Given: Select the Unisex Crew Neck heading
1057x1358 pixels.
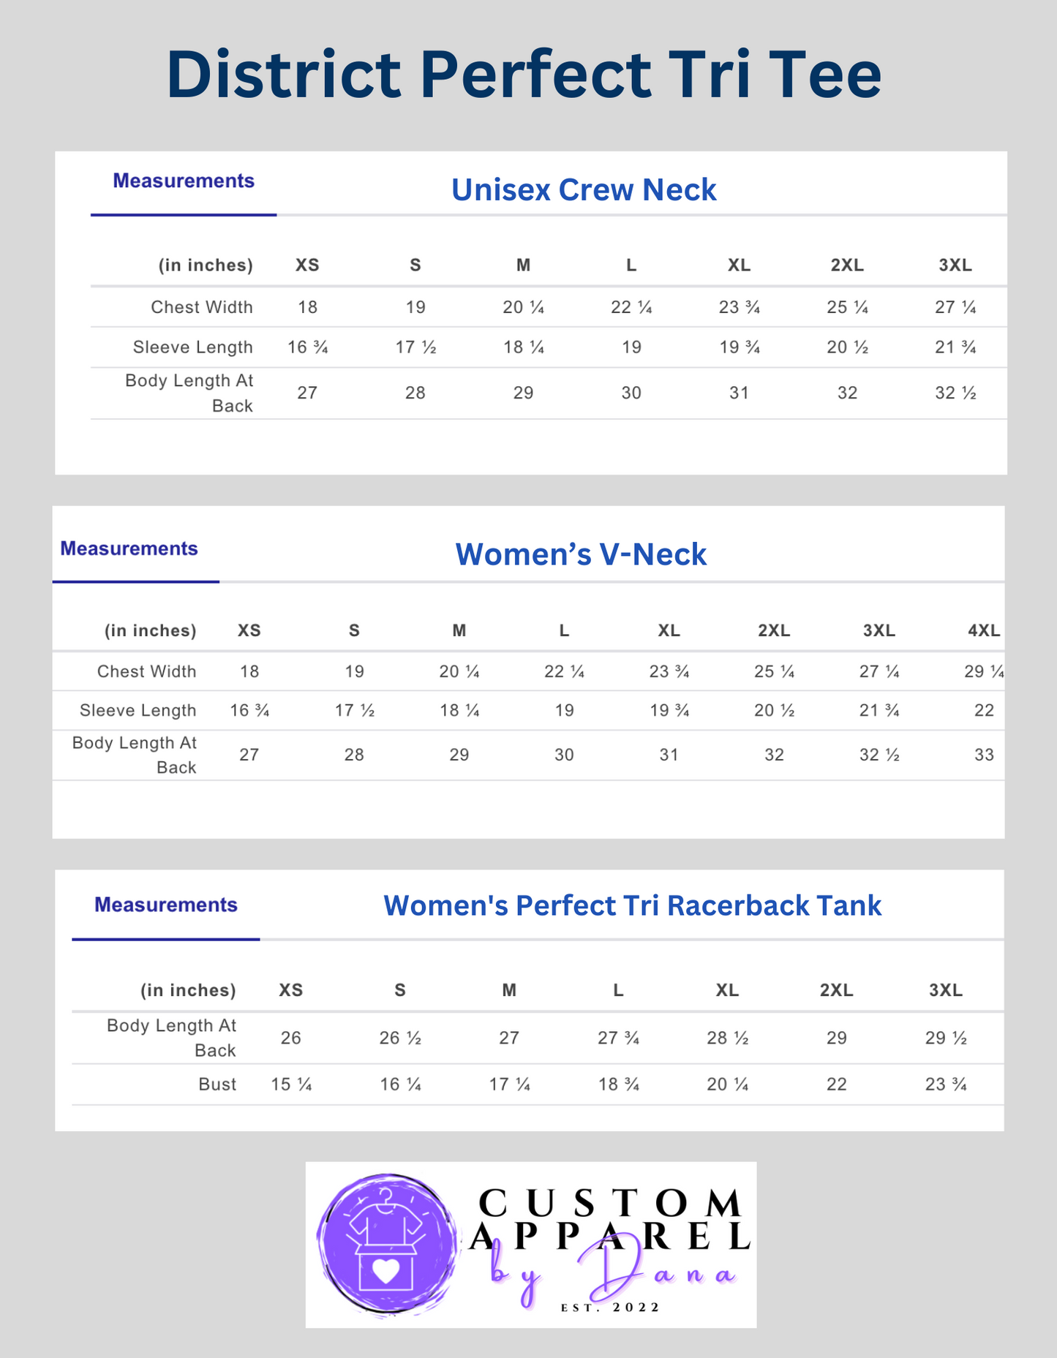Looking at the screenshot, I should coord(583,189).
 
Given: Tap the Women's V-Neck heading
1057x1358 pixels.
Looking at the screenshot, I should coord(581,554).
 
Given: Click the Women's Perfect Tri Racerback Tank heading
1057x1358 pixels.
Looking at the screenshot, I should coord(632,905).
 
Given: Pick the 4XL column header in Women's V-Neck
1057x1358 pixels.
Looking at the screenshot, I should coord(984,630).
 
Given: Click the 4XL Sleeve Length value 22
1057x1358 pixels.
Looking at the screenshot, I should coord(984,710).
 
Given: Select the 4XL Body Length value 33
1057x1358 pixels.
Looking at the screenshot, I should coord(984,755).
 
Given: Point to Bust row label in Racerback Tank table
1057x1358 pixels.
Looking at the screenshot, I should coord(217,1084).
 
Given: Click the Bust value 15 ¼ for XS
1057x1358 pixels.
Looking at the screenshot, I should coord(291,1084).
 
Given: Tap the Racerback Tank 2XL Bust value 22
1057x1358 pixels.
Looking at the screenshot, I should coord(836,1084).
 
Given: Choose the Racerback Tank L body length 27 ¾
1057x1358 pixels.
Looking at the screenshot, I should coord(618,1038).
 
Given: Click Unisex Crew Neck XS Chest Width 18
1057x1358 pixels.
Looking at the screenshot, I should coord(307,307).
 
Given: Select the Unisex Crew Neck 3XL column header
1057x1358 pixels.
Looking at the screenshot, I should coord(955,265).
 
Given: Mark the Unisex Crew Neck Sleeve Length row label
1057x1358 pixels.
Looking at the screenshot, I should coord(192,347).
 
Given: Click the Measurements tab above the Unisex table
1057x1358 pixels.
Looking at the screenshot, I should coord(184,181).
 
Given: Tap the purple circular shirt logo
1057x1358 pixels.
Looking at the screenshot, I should coord(385,1244).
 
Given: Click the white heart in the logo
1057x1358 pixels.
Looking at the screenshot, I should coord(385,1272).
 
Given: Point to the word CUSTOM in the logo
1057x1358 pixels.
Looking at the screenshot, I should coord(609,1204).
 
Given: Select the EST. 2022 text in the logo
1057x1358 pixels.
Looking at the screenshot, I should coord(610,1308).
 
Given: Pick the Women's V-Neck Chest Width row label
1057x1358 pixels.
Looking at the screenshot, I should coord(146,671).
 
